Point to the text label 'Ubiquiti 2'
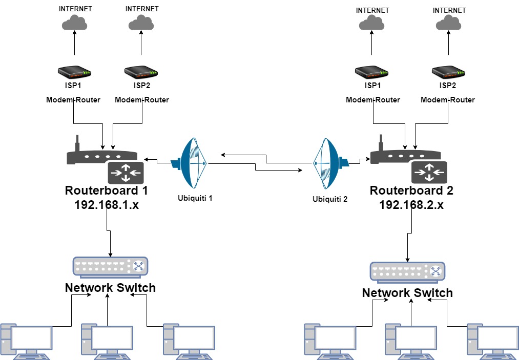point(330,199)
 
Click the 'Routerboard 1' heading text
point(107,190)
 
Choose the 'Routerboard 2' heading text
point(411,191)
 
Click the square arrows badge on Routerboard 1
point(126,173)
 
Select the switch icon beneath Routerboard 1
point(110,266)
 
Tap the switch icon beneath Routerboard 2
point(407,271)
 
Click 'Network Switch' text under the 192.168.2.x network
point(407,293)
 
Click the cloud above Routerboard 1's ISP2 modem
point(141,23)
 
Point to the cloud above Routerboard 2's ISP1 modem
point(372,23)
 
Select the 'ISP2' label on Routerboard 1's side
point(140,86)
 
